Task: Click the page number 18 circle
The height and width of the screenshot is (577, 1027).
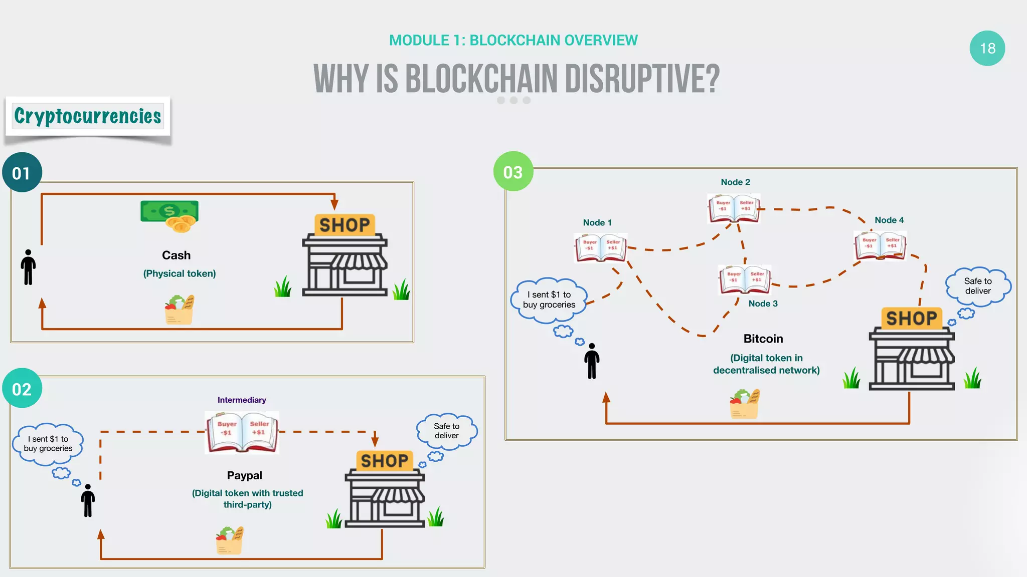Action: (987, 49)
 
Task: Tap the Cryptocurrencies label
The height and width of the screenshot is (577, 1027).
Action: (88, 116)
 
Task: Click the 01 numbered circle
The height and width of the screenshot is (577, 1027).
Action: (22, 173)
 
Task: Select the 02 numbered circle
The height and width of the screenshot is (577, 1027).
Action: (22, 389)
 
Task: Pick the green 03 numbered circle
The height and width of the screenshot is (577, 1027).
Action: (512, 172)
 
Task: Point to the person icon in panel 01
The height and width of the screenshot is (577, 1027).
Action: (29, 267)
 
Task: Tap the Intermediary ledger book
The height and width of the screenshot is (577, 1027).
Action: (242, 431)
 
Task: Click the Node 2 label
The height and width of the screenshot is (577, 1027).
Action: (735, 182)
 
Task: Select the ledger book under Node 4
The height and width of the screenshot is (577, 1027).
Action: (880, 245)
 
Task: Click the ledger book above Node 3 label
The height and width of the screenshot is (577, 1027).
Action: (745, 279)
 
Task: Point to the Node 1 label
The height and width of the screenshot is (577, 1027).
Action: (597, 223)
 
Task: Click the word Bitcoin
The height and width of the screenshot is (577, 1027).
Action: (763, 339)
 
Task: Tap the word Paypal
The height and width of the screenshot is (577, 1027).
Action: (244, 475)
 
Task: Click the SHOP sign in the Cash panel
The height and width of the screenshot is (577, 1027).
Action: (345, 225)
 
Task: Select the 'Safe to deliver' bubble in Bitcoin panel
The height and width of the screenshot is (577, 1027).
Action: (977, 286)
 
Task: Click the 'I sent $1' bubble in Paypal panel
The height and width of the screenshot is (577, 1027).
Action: (48, 444)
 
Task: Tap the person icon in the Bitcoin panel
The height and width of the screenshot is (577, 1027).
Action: (592, 361)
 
